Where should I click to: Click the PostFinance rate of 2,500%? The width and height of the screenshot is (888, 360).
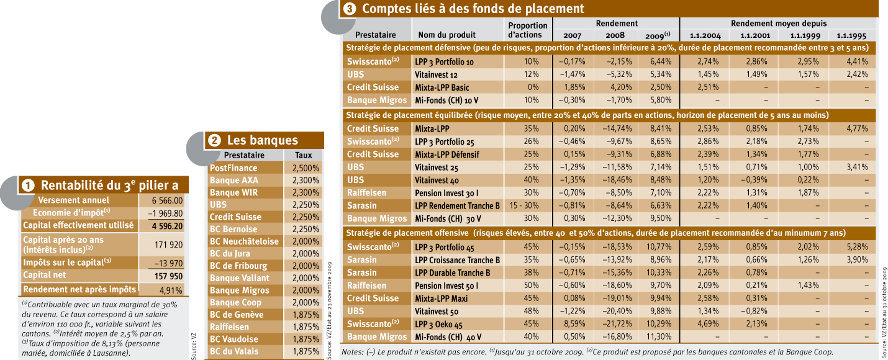pyautogui.click(x=306, y=168)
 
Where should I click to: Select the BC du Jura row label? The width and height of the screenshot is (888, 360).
pyautogui.click(x=230, y=253)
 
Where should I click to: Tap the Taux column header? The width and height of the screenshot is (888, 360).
pyautogui.click(x=303, y=155)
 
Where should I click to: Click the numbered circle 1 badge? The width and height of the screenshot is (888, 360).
pyautogui.click(x=28, y=186)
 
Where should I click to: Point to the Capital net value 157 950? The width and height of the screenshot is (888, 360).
pyautogui.click(x=168, y=276)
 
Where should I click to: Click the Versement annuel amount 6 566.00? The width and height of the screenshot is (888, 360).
pyautogui.click(x=167, y=200)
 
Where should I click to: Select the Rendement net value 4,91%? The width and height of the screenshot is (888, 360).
pyautogui.click(x=171, y=290)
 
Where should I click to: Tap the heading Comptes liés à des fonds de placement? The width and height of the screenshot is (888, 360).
pyautogui.click(x=473, y=8)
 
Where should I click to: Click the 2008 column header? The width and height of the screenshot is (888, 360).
pyautogui.click(x=615, y=35)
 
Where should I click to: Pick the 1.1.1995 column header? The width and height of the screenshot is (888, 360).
pyautogui.click(x=851, y=35)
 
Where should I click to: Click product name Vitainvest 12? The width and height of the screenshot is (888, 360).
pyautogui.click(x=436, y=74)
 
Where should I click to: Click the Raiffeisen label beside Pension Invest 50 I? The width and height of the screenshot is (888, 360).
pyautogui.click(x=367, y=285)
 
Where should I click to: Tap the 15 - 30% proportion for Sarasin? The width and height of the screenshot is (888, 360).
pyautogui.click(x=523, y=205)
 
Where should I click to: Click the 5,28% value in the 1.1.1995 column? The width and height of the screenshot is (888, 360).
pyautogui.click(x=857, y=247)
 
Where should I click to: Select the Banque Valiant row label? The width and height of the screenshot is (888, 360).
pyautogui.click(x=240, y=278)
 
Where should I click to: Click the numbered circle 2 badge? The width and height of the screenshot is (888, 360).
pyautogui.click(x=214, y=141)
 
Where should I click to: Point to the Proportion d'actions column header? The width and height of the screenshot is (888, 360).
pyautogui.click(x=528, y=30)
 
